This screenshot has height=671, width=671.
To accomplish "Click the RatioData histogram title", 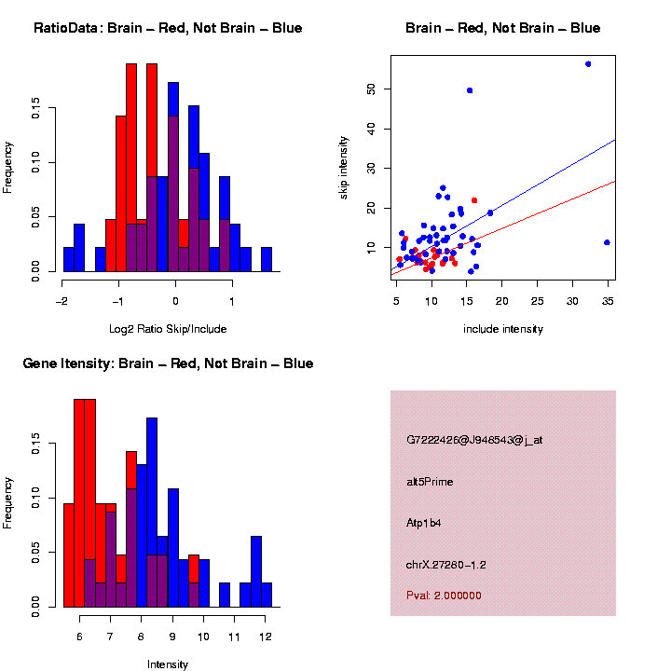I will coord(168,28).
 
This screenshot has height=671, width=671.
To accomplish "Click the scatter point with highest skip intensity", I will coord(588,63).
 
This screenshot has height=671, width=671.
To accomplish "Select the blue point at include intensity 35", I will coord(607,242).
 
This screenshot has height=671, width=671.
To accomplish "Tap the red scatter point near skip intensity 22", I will coord(474,200).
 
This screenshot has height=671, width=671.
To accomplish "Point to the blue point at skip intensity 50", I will coord(470,90).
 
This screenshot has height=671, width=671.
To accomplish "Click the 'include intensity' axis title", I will coord(502,329).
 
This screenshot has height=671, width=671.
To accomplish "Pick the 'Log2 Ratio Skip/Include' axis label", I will coord(168,328).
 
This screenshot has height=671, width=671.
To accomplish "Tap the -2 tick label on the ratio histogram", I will coord(62,302).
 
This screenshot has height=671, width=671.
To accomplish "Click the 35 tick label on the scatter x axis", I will coord(608,302).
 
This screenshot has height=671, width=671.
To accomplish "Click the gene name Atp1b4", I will coord(424,523).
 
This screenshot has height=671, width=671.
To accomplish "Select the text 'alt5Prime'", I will coord(430,482).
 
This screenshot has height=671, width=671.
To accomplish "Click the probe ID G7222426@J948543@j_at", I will coord(474,440).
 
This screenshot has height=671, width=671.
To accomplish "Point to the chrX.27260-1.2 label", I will coord(446,565).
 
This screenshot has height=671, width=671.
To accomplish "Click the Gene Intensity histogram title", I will coord(168,363).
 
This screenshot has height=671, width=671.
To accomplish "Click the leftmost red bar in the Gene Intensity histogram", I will coord(68,555).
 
